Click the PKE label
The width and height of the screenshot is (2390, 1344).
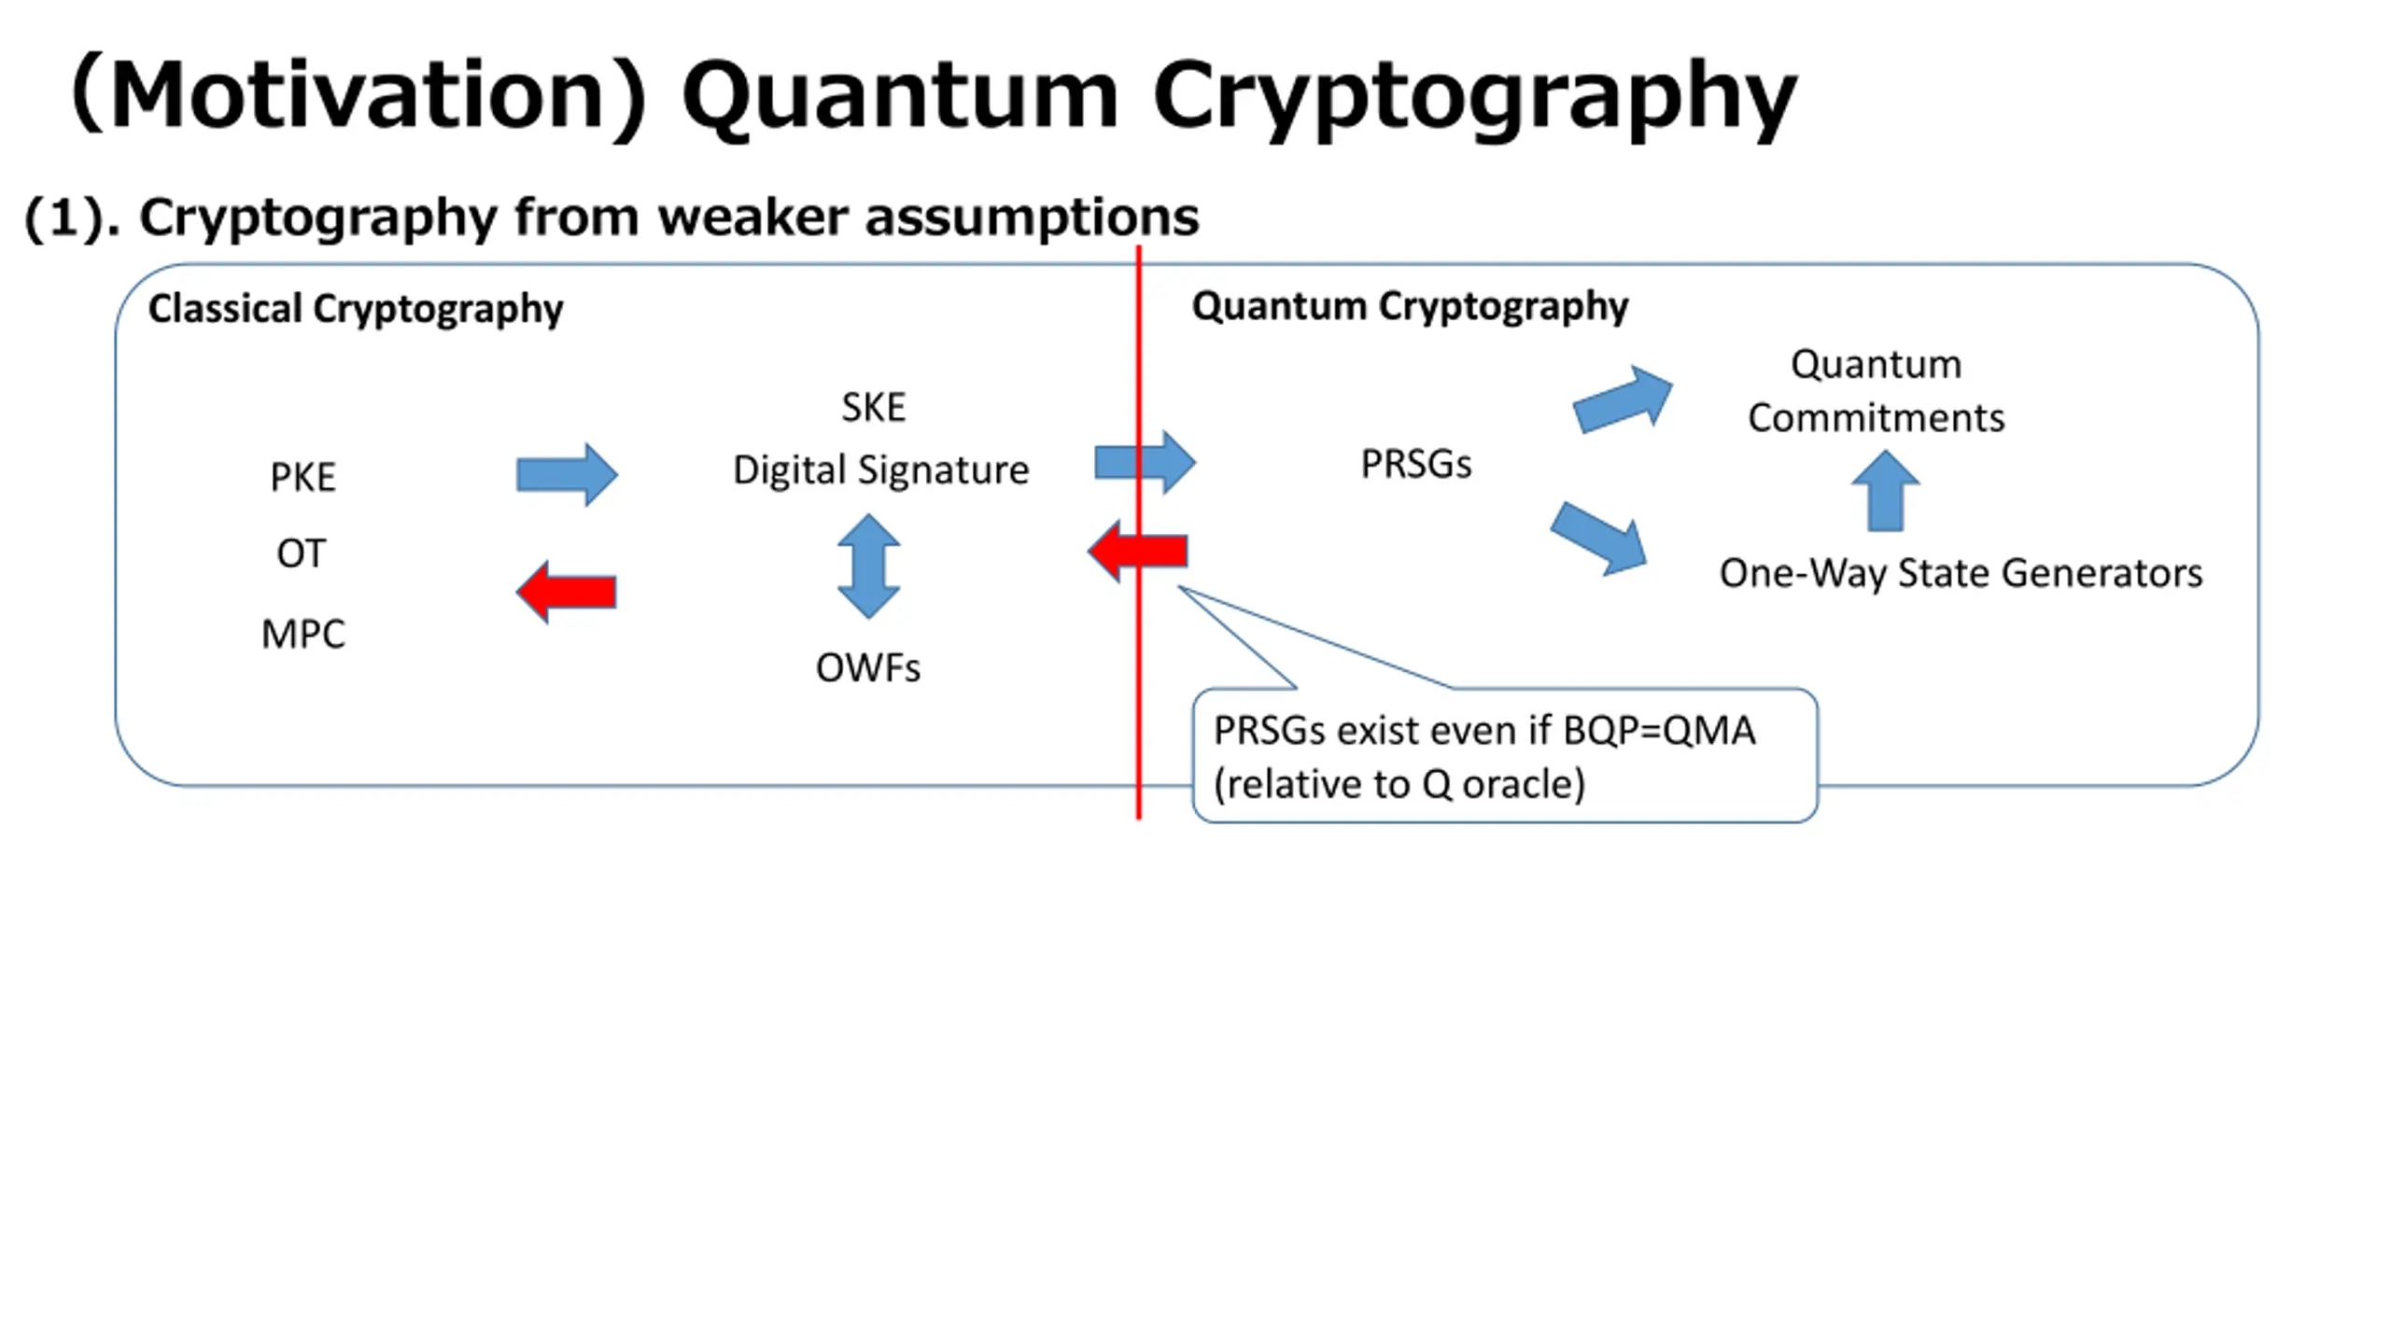[x=302, y=477]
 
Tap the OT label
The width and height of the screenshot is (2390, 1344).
[x=301, y=553]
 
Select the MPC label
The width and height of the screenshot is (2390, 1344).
[x=302, y=634]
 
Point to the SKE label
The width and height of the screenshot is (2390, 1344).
[x=873, y=407]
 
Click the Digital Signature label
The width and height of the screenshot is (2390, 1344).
[x=880, y=469]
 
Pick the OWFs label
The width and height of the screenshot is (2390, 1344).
[x=867, y=667]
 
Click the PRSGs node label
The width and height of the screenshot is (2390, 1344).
[x=1415, y=464]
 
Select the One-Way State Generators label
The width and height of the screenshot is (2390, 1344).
[x=1961, y=572]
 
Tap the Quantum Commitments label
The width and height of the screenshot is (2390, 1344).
[x=1876, y=390]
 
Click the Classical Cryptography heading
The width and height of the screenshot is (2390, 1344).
[x=356, y=308]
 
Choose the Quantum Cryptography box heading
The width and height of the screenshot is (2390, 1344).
[x=1410, y=305]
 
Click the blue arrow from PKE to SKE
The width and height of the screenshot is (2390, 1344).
[x=567, y=475]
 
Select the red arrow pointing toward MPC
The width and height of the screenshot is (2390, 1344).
[x=566, y=592]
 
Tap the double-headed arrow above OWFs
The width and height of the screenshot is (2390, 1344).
[x=868, y=566]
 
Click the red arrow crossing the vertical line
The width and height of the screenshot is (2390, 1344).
[x=1137, y=551]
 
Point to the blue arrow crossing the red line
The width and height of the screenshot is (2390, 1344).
[x=1145, y=462]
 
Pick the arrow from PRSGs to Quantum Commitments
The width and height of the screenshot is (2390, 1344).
[x=1623, y=399]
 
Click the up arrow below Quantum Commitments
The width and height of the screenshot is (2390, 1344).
[x=1885, y=491]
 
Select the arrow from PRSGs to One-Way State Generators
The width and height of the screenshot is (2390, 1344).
[x=1598, y=539]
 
